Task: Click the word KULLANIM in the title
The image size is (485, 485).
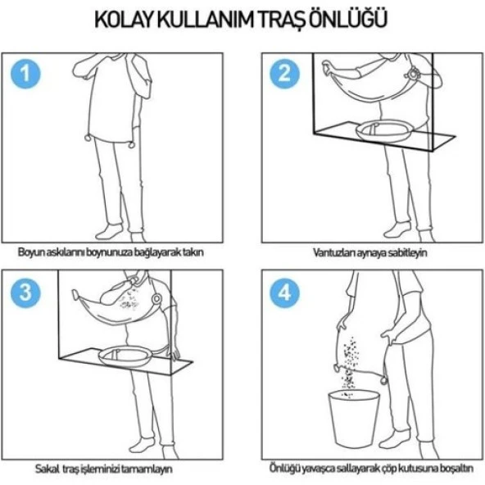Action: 208,18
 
